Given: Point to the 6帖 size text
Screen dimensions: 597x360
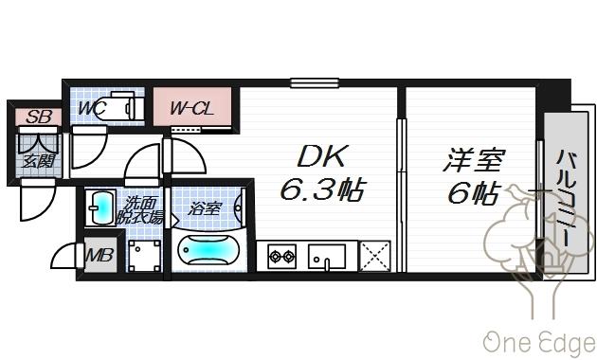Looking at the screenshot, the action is click(x=472, y=193).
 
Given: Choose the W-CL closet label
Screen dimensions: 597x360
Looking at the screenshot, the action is click(x=192, y=110).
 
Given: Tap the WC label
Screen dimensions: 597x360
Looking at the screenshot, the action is click(x=91, y=109).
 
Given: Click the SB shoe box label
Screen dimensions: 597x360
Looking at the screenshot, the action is click(x=38, y=117).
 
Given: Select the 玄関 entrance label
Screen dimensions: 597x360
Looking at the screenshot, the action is click(x=38, y=158).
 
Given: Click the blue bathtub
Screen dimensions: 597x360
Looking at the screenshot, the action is click(x=208, y=252).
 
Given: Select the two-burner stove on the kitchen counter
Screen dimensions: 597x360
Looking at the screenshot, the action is click(x=281, y=254).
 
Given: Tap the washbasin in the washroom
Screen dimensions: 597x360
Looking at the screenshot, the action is click(x=101, y=207).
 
